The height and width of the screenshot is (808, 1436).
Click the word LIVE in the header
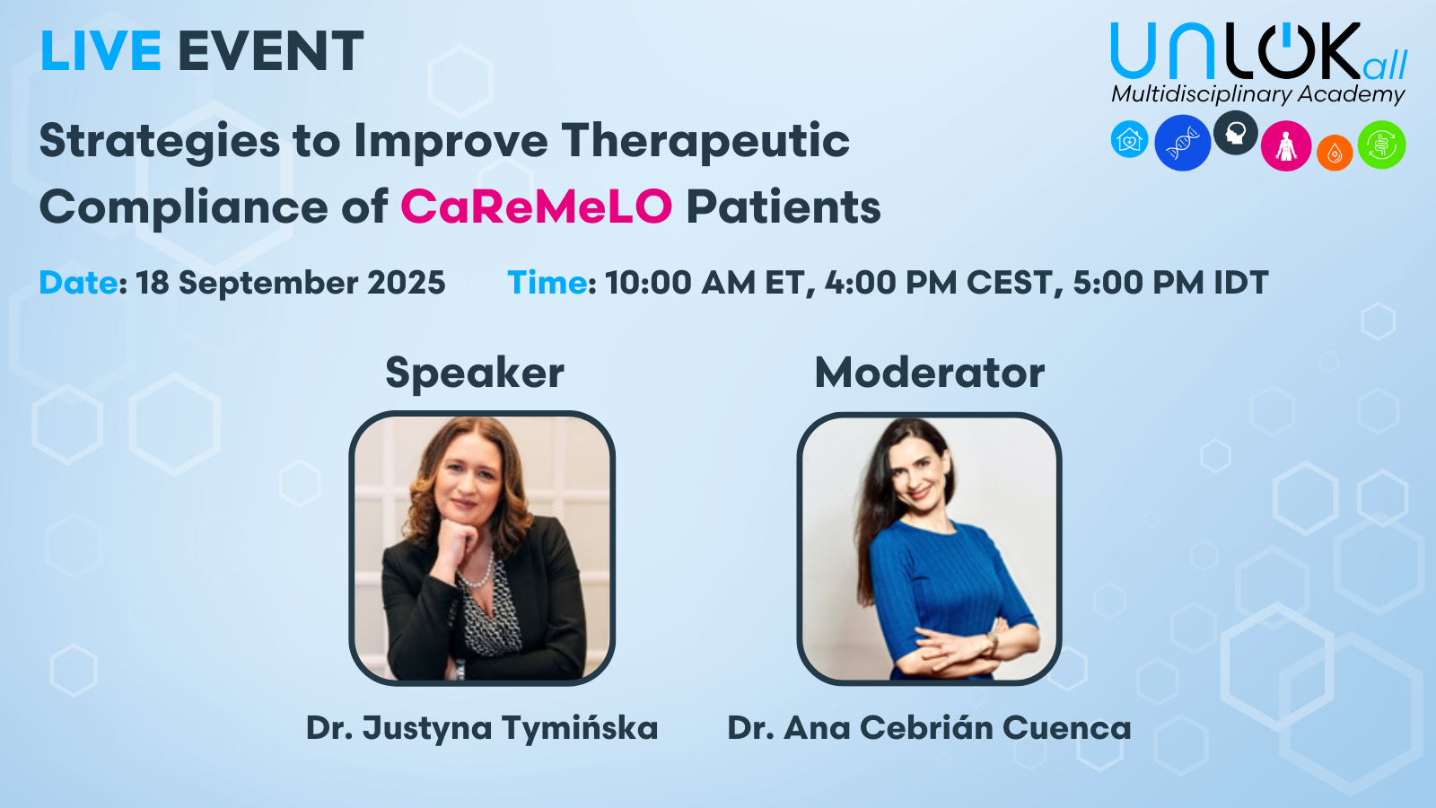pyautogui.click(x=100, y=50)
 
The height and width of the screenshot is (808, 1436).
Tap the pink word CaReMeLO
pyautogui.click(x=537, y=206)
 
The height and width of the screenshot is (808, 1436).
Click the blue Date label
pyautogui.click(x=78, y=282)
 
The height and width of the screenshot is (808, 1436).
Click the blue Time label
pyautogui.click(x=547, y=282)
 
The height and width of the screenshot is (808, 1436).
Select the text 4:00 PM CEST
pyautogui.click(x=938, y=283)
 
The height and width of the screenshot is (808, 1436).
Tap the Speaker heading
pyautogui.click(x=475, y=373)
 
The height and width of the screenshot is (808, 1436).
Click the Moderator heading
pyautogui.click(x=930, y=373)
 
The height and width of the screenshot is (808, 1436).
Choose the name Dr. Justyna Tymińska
pyautogui.click(x=482, y=728)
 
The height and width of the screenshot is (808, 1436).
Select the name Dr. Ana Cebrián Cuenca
pyautogui.click(x=929, y=727)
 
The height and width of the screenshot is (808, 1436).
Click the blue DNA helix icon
pyautogui.click(x=1182, y=143)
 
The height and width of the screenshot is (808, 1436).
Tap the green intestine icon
pyautogui.click(x=1381, y=145)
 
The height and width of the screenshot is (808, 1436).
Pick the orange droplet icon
pyautogui.click(x=1335, y=153)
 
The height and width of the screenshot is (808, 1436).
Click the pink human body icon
pyautogui.click(x=1285, y=145)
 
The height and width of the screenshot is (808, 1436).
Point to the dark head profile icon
pyautogui.click(x=1235, y=133)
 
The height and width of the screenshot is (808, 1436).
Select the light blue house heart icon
pyautogui.click(x=1130, y=139)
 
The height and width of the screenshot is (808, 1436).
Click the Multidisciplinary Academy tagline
pyautogui.click(x=1257, y=94)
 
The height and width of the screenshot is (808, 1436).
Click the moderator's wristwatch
pyautogui.click(x=992, y=641)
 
